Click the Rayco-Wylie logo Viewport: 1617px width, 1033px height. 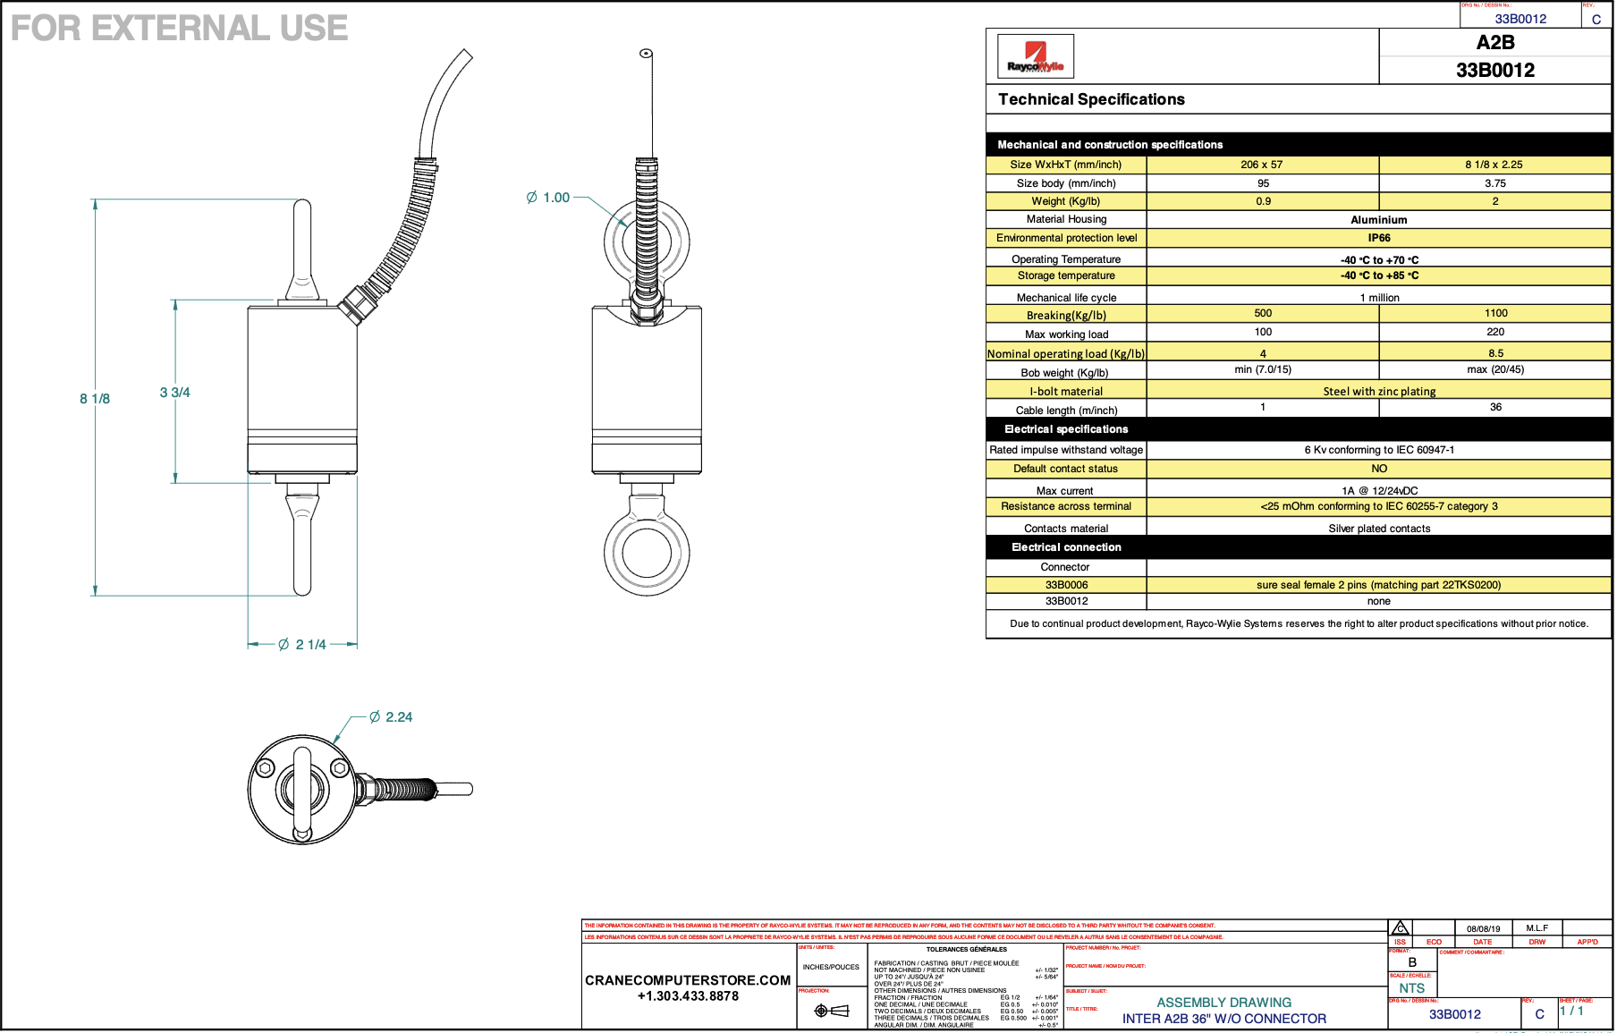coord(1035,57)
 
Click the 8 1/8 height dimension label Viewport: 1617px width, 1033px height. coord(95,399)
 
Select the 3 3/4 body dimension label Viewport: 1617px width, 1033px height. coord(174,393)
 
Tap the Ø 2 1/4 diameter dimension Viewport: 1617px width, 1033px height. coord(302,645)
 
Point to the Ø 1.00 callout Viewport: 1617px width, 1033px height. coord(548,198)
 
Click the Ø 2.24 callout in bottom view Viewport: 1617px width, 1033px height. coord(391,717)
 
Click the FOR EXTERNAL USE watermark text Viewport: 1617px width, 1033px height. coord(179,29)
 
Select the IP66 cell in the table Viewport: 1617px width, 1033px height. coord(1378,238)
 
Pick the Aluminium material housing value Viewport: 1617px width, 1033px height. coord(1378,220)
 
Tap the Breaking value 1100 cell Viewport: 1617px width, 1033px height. coord(1495,314)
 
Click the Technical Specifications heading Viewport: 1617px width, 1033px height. coord(1091,99)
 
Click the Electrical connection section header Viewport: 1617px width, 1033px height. coord(1066,547)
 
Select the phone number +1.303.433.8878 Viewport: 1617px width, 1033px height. coord(688,996)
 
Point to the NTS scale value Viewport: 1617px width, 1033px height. coord(1411,988)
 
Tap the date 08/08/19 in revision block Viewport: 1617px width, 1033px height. coord(1483,929)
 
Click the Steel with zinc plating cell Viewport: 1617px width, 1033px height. coord(1378,392)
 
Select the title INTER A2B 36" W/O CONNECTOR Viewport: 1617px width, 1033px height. coord(1223,1019)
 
